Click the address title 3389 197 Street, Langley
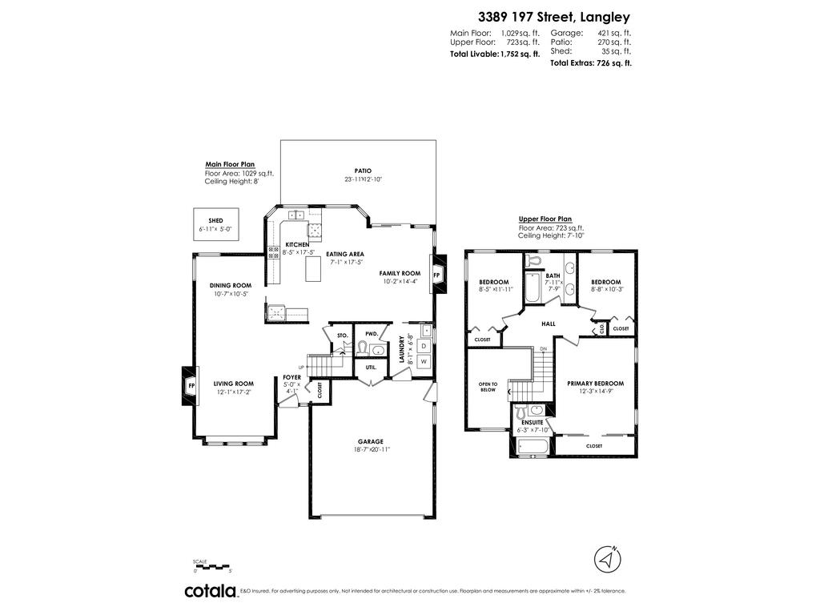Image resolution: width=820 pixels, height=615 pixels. (x=554, y=16)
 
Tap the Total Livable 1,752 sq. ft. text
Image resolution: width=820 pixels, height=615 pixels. (x=495, y=54)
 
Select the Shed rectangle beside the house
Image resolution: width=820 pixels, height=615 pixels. (x=215, y=224)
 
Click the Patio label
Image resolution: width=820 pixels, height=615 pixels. (x=363, y=171)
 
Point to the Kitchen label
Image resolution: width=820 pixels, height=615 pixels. (x=297, y=244)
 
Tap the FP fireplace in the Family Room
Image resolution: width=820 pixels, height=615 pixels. (x=436, y=275)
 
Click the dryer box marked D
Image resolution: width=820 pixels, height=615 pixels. (x=424, y=345)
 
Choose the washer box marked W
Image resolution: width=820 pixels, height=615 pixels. (x=424, y=362)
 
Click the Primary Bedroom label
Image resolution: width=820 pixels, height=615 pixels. (x=595, y=384)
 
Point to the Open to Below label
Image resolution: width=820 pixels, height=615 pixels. (x=488, y=387)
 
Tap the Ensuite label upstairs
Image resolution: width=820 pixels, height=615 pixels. (x=532, y=422)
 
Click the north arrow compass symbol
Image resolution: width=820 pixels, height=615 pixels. (x=609, y=557)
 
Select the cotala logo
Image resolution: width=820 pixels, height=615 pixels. (x=211, y=591)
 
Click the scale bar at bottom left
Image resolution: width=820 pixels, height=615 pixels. (x=212, y=567)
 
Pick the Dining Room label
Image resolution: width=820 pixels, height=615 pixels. (x=231, y=285)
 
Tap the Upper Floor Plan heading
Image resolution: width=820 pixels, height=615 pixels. (x=545, y=219)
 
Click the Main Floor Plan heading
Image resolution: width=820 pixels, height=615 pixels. (x=230, y=164)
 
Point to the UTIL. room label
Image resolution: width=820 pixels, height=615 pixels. (x=371, y=367)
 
